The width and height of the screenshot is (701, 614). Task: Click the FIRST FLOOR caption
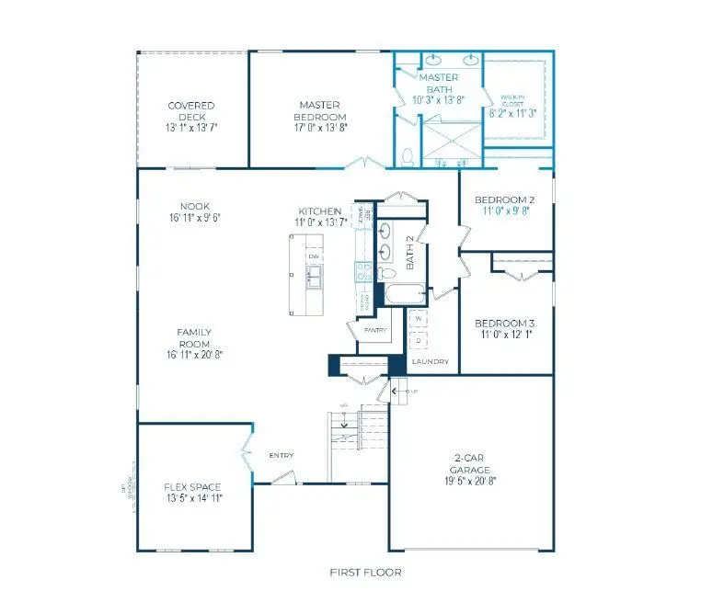tap(366, 573)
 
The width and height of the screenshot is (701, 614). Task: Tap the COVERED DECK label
tap(191, 106)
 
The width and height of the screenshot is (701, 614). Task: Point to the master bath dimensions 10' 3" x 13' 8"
tap(438, 98)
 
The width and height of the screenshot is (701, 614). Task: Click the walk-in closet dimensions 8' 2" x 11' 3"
tap(517, 113)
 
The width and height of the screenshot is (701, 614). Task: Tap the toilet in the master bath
tap(408, 156)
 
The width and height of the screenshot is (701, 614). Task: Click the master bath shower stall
tap(451, 139)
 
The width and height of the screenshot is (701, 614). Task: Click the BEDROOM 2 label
tap(504, 199)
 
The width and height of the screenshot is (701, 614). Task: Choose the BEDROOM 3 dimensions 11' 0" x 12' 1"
tap(504, 336)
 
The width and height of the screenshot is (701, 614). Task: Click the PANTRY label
tap(373, 330)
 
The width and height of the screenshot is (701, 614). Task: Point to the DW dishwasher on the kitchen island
tap(314, 256)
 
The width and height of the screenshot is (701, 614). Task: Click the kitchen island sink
tap(314, 273)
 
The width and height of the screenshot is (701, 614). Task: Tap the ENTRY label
tap(282, 455)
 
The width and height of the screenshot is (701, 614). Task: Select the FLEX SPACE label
tap(193, 485)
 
